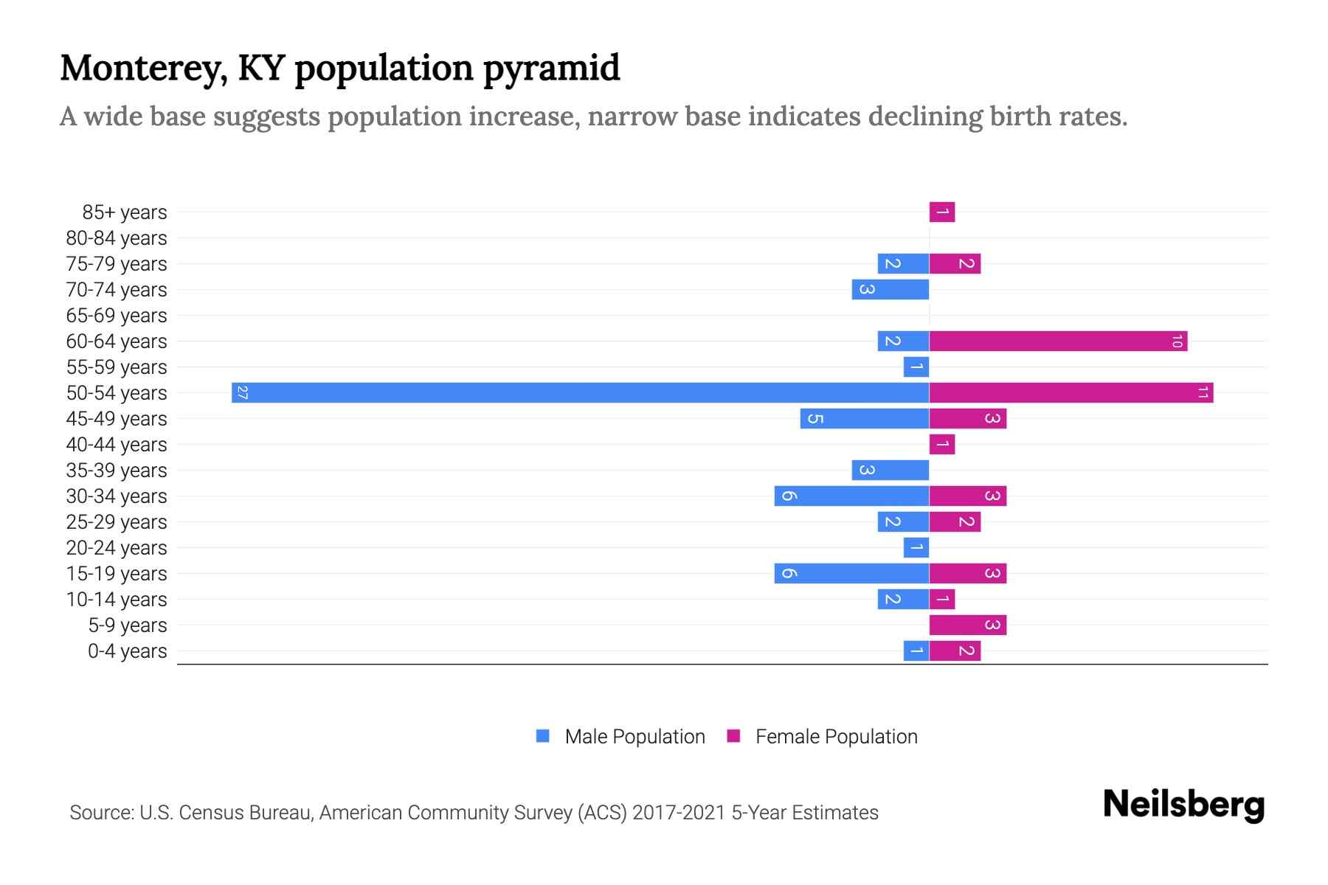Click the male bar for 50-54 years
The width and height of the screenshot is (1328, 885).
(x=580, y=392)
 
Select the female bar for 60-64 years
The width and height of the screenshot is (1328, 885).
(x=1058, y=341)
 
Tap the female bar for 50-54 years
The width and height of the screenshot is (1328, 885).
(x=1071, y=392)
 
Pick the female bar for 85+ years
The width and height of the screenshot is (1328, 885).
(x=942, y=212)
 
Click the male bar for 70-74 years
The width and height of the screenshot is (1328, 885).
(x=890, y=289)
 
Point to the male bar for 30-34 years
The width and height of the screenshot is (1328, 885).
(x=851, y=496)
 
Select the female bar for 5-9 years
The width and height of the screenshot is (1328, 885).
(x=967, y=625)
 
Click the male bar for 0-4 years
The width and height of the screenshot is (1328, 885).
(x=916, y=650)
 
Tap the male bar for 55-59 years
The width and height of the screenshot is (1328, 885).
(x=916, y=367)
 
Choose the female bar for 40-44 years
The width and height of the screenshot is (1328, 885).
(x=942, y=444)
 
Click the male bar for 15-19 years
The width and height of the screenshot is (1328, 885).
(x=851, y=573)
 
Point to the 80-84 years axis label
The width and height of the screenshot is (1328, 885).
(x=117, y=238)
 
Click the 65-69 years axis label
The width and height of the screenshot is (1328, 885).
(x=117, y=316)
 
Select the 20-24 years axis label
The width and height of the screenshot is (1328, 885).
(x=117, y=548)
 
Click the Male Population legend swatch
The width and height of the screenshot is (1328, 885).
(x=543, y=736)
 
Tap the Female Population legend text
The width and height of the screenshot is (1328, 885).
(x=836, y=736)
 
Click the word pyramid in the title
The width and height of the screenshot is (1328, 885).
(x=551, y=68)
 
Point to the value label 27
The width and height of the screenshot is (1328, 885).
(x=243, y=392)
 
